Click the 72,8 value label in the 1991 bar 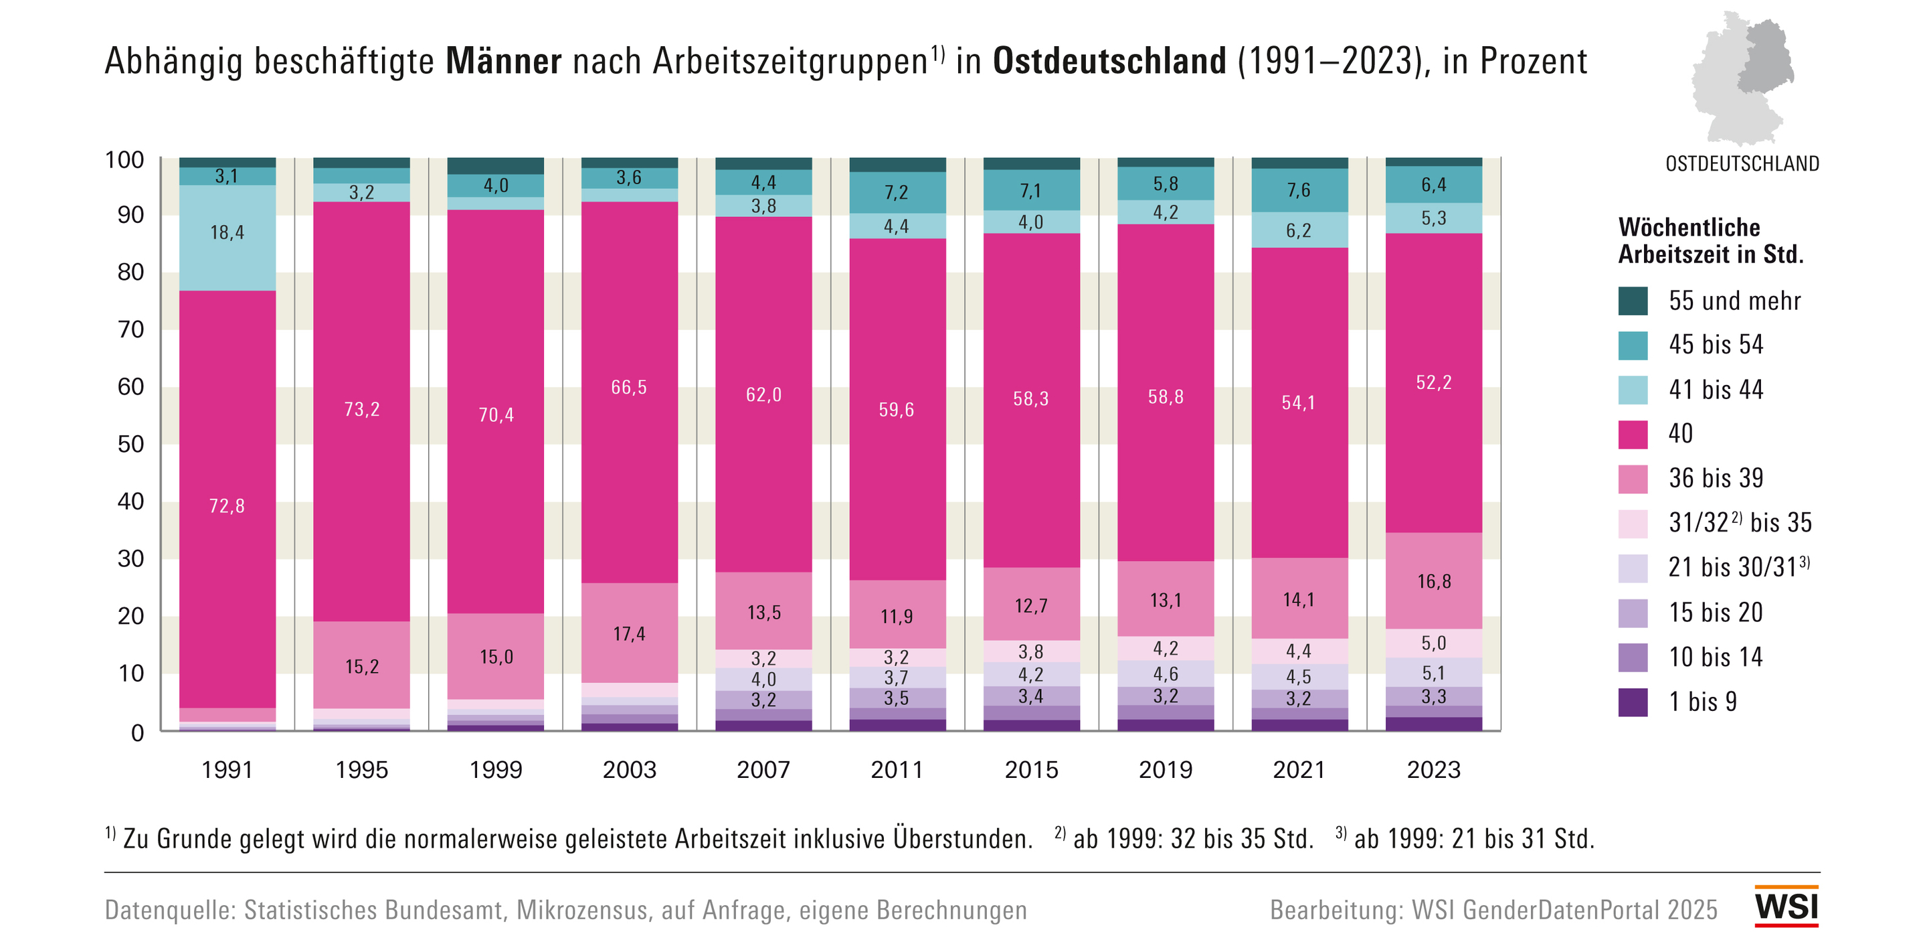click(227, 506)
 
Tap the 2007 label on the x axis click(763, 769)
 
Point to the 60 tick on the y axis click(131, 386)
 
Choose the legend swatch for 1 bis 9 click(1633, 702)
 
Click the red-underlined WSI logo click(1786, 907)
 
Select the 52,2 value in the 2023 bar click(1433, 382)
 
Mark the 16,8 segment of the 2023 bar click(1433, 581)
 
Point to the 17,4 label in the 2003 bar click(629, 634)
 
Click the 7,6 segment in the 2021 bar click(1299, 190)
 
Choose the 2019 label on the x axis click(1165, 769)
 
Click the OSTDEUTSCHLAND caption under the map click(1742, 164)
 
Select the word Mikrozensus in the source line click(581, 910)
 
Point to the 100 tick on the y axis click(124, 159)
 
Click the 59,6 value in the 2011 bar click(896, 410)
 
